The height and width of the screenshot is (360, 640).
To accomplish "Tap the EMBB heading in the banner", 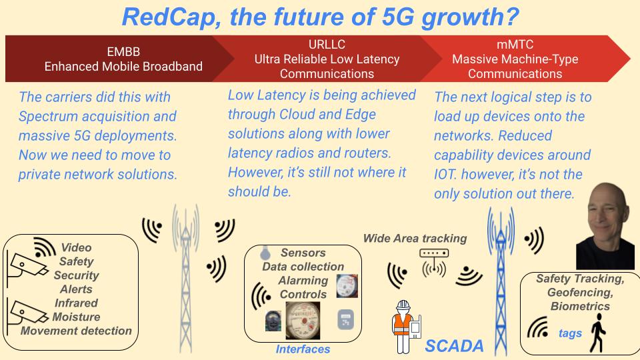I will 123,51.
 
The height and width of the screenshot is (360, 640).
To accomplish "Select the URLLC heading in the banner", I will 327,45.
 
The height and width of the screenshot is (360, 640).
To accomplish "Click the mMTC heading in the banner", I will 515,45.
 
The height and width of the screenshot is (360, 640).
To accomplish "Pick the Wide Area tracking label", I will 415,239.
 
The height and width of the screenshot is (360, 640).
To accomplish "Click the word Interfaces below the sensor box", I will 303,349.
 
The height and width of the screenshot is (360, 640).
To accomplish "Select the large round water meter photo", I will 303,319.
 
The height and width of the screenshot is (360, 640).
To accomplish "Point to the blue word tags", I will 570,333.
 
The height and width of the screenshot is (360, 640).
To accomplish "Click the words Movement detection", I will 76,331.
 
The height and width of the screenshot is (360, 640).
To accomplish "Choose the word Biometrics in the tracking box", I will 579,306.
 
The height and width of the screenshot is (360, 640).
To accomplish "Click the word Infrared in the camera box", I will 76,303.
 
